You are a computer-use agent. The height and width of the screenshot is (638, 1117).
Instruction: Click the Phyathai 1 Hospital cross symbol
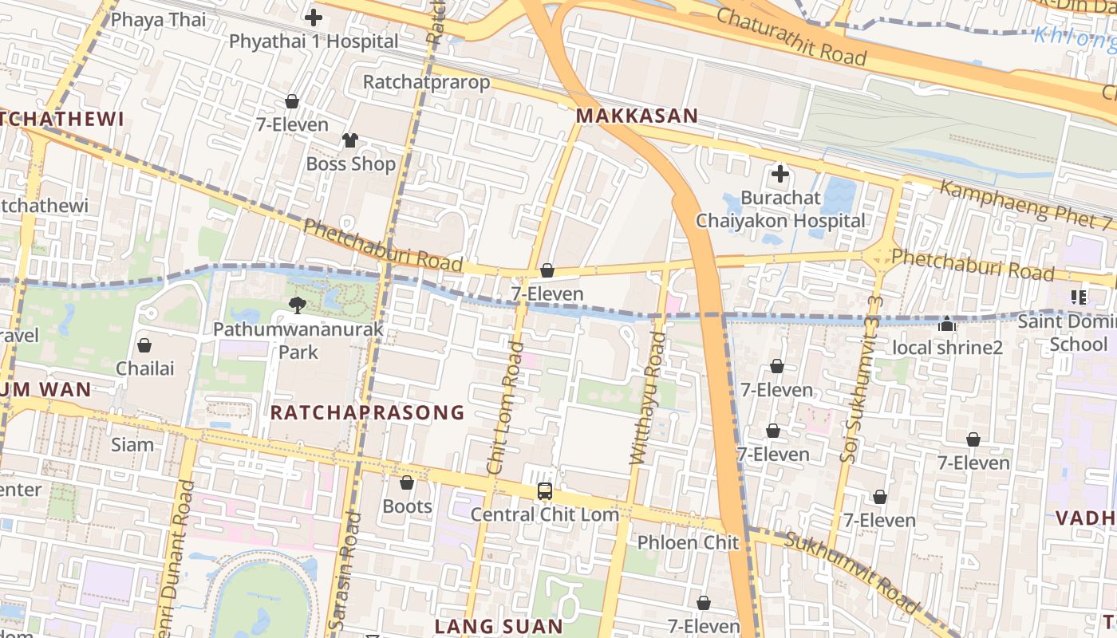[314, 17]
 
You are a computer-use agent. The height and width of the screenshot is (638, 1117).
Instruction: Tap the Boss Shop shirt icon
[350, 140]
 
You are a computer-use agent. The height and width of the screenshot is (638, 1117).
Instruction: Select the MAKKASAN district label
[637, 116]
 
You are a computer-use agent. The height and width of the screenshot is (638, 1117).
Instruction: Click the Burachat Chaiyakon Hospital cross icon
[780, 173]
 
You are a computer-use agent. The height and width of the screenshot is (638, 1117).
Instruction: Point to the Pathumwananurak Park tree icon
[298, 304]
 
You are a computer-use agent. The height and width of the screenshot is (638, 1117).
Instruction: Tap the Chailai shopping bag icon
[144, 345]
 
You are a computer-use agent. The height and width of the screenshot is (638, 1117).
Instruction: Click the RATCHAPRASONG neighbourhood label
[367, 412]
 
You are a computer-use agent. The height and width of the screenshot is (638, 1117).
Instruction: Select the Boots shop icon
[407, 482]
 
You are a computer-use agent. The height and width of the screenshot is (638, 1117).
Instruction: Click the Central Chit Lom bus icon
[545, 491]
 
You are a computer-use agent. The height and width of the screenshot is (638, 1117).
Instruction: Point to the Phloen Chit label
[688, 542]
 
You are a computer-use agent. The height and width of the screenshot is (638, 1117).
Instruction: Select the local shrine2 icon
[947, 324]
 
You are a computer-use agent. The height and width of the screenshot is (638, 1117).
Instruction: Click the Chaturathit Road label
[791, 37]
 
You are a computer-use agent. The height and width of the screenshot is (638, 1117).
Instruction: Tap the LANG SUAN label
[499, 626]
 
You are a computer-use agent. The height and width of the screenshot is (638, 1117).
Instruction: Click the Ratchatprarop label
[426, 82]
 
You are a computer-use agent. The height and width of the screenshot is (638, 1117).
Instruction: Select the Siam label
[132, 444]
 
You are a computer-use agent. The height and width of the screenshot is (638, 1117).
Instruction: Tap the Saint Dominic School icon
[1079, 297]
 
